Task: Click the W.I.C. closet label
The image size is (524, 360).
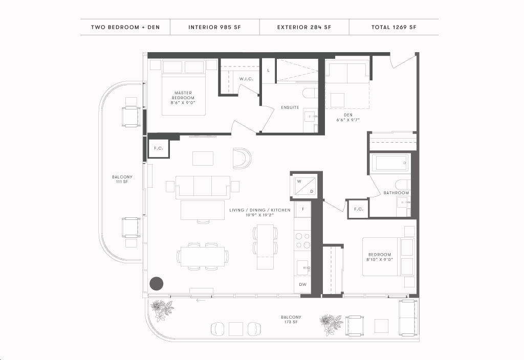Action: (x=246, y=79)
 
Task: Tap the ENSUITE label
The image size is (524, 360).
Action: (x=290, y=107)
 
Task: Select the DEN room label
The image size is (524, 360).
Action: (x=348, y=117)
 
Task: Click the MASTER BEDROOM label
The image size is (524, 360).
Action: (x=183, y=98)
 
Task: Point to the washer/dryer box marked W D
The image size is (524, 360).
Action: (x=304, y=186)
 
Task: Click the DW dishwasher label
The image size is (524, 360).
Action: (x=303, y=284)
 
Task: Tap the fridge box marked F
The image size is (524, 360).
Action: (x=303, y=209)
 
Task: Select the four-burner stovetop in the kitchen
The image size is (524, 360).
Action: (x=303, y=240)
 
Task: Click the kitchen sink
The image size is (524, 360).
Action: (x=303, y=268)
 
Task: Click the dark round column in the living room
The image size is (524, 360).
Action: (x=156, y=283)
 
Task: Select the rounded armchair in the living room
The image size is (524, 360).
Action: (x=242, y=157)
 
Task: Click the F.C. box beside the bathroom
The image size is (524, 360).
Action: (x=358, y=209)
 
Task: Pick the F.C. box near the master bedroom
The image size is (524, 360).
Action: (x=159, y=148)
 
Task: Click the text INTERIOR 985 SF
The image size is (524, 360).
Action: (x=214, y=28)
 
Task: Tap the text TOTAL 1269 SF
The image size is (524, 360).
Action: (x=394, y=28)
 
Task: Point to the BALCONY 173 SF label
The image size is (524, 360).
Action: (x=291, y=320)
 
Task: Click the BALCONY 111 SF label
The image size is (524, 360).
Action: (x=122, y=179)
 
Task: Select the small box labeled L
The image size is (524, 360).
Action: (x=268, y=71)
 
